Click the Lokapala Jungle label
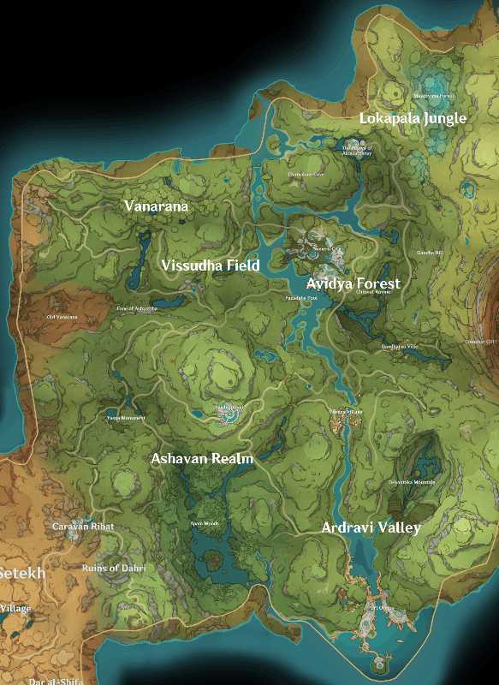413,118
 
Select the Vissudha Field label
211,266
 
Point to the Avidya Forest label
353,283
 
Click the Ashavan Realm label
202,459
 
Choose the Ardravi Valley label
371,527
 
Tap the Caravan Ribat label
83,527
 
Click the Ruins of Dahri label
113,569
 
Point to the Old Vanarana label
62,317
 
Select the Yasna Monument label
125,418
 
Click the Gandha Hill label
430,253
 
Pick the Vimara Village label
347,412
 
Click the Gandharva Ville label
400,346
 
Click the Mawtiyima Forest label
435,97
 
